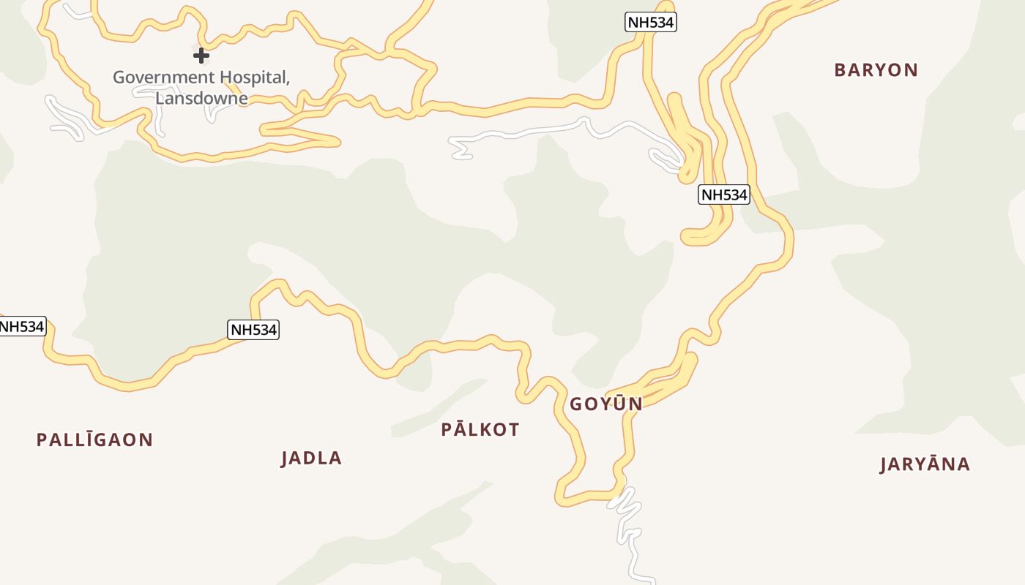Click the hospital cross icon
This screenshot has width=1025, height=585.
tap(201, 55)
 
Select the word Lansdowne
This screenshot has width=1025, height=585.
tap(201, 98)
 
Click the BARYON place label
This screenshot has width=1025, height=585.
tap(876, 70)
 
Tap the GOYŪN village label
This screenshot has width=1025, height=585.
tap(606, 404)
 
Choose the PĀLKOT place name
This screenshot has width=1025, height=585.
tap(480, 430)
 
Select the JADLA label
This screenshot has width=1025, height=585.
tap(311, 458)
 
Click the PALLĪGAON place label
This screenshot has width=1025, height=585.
tap(94, 440)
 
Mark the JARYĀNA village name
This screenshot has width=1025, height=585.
tap(925, 464)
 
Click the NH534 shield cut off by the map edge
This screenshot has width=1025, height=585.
tap(22, 326)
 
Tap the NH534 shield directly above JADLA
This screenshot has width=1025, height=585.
tap(253, 330)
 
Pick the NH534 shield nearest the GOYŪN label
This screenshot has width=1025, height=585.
tap(723, 195)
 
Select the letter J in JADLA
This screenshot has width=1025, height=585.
tap(286, 458)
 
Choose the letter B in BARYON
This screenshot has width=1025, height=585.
tap(840, 70)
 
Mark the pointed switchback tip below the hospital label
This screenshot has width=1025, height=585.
tap(337, 141)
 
